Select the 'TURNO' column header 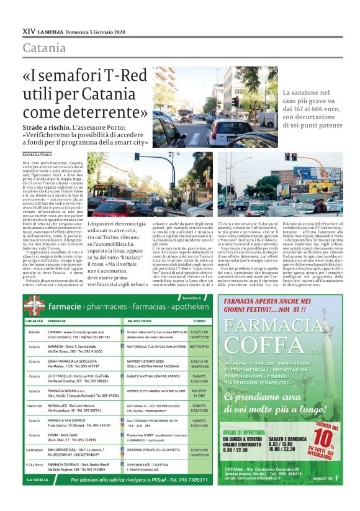point(199,320)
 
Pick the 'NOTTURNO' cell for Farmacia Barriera point(199,345)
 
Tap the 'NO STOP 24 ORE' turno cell point(199,392)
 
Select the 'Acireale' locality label point(34,332)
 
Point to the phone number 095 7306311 point(189,481)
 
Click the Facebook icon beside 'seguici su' point(336,479)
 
